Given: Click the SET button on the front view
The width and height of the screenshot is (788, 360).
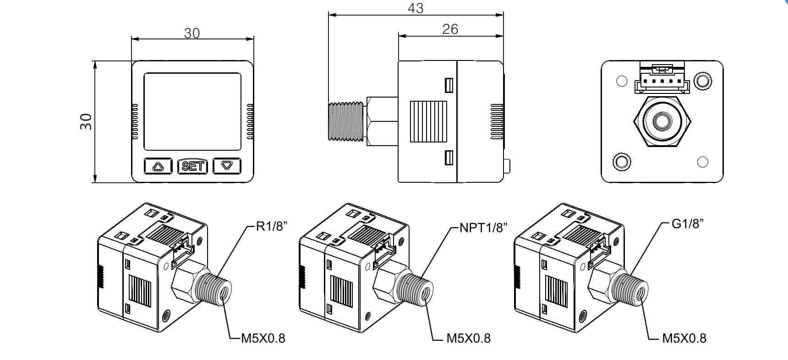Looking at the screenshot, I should (192, 166).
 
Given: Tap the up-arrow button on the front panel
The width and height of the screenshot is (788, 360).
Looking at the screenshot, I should (158, 166).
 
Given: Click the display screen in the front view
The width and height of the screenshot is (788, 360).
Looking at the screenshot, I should (192, 111).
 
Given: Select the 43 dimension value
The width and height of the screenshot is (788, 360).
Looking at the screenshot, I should (415, 8).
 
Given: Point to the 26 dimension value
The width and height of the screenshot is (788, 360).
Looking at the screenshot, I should (450, 29).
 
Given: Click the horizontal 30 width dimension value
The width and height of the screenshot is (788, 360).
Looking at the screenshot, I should (192, 33).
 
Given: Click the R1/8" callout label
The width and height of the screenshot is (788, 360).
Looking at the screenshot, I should (272, 226).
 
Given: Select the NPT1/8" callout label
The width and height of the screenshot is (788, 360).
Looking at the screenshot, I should (483, 228).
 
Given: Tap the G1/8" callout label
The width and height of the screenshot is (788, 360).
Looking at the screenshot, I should (687, 224).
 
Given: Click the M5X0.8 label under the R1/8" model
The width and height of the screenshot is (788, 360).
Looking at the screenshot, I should (263, 338).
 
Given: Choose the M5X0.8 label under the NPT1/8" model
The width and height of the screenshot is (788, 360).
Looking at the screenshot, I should (468, 338).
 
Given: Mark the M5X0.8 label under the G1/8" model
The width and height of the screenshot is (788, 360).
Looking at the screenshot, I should (684, 338).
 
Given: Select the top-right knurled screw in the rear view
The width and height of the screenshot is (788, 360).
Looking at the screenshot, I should (703, 81).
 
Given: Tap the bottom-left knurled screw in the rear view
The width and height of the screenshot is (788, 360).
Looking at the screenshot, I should (621, 162).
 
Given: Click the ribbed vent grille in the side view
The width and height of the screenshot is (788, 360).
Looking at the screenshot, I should (428, 121).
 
